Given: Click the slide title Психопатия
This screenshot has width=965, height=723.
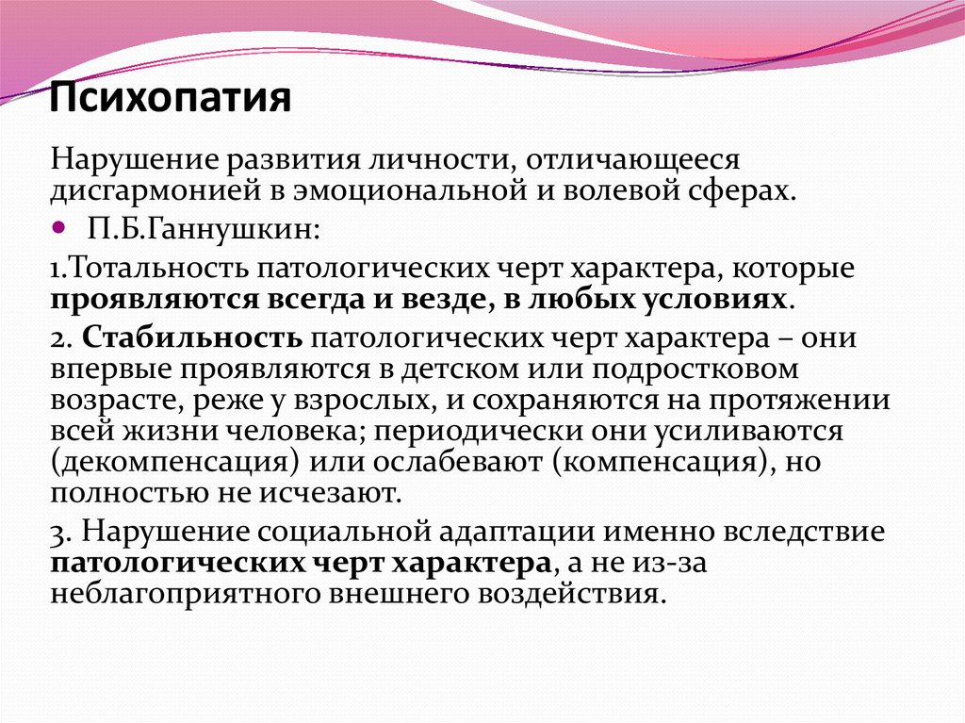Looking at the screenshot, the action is (x=170, y=97).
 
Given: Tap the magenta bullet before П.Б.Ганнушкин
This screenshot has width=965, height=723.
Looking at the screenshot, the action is (x=58, y=228).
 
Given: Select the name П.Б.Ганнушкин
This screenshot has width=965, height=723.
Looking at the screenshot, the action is (x=204, y=230).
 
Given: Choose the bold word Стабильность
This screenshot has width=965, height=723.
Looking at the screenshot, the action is (x=192, y=338).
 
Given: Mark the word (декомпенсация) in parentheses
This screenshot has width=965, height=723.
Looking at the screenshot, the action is (x=174, y=462).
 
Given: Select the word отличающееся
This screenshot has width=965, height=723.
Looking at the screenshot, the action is (x=632, y=159).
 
